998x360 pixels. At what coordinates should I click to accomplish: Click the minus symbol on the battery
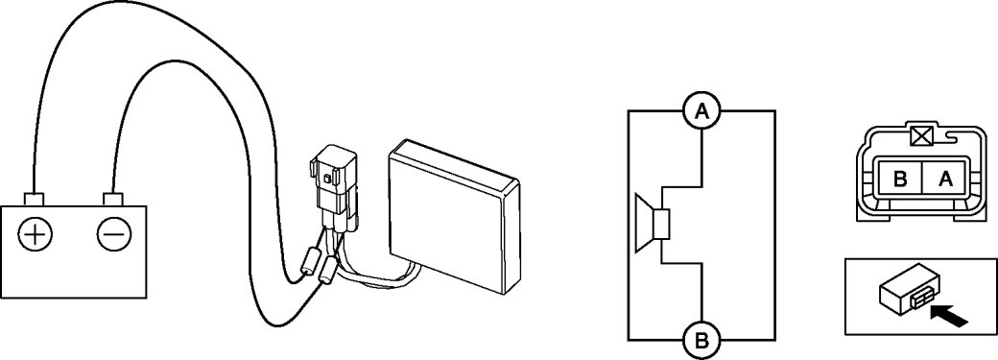(114, 236)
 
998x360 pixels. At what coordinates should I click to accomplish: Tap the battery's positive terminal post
(33, 199)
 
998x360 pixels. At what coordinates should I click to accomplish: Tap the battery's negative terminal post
(112, 199)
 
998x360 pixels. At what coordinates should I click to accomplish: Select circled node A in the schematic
(701, 111)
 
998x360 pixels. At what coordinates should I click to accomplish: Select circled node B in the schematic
(701, 340)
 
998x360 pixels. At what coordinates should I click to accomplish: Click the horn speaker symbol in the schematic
(653, 226)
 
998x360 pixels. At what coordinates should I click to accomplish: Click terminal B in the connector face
(900, 180)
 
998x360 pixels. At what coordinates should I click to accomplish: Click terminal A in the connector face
(945, 180)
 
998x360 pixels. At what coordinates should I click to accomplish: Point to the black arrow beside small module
(949, 316)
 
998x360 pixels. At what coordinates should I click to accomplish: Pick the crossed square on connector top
(917, 135)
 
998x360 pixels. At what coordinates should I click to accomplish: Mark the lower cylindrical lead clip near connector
(329, 271)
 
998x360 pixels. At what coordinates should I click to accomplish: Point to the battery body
(73, 252)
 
